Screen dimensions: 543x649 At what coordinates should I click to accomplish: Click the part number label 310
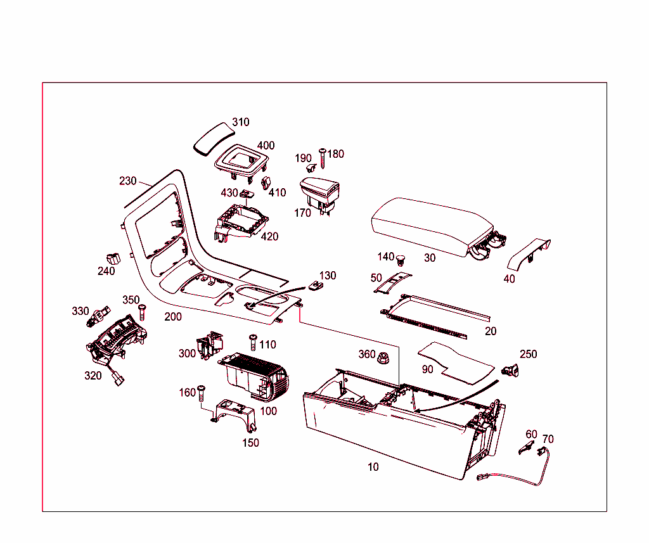(x=240, y=122)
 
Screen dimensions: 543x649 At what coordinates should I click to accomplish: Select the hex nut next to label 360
(x=384, y=359)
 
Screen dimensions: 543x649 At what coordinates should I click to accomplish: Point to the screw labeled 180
(x=323, y=157)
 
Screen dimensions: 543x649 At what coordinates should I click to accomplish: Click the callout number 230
(x=127, y=181)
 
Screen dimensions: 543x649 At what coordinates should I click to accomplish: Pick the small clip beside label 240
(x=113, y=258)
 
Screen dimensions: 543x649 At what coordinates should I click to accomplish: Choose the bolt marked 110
(x=253, y=342)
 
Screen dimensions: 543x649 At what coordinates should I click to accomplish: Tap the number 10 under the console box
(x=373, y=467)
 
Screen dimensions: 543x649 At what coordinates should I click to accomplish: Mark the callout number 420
(x=269, y=237)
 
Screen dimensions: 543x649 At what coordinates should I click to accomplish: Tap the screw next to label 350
(x=142, y=311)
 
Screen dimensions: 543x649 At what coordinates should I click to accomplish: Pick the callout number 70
(x=548, y=438)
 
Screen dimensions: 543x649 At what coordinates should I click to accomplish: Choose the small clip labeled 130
(x=316, y=286)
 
